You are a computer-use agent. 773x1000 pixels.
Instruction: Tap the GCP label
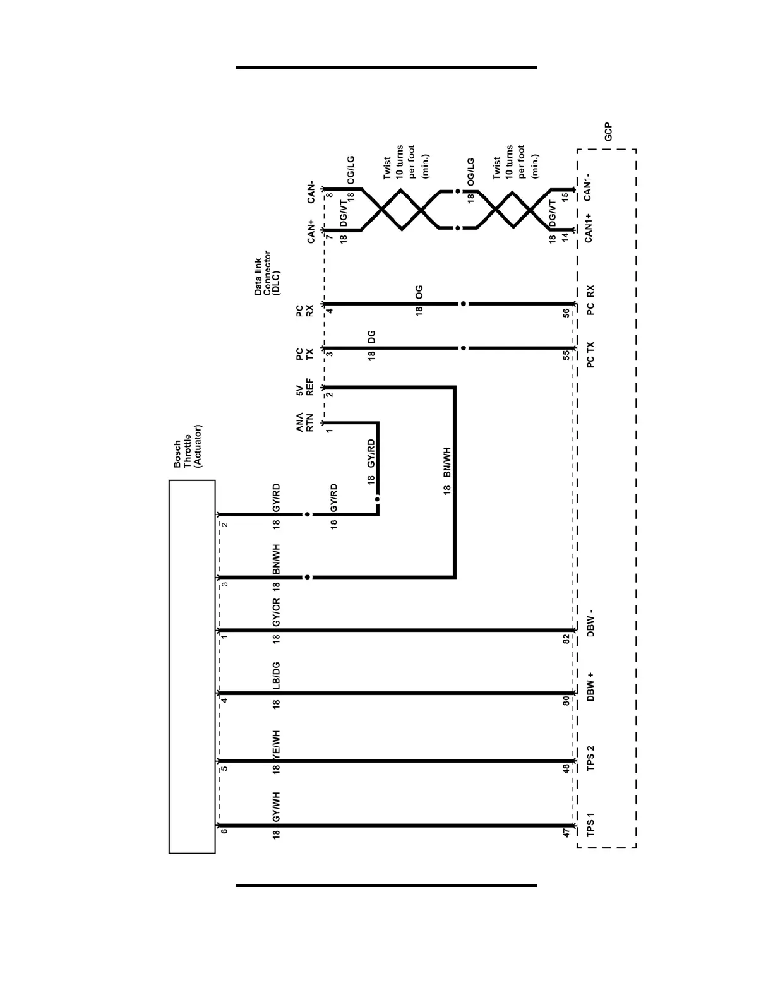608,131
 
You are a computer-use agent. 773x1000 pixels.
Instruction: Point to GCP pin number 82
566,638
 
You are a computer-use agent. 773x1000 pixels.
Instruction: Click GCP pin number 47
566,833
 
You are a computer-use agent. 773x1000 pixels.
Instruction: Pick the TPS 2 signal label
590,758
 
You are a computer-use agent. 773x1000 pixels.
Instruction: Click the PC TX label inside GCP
590,355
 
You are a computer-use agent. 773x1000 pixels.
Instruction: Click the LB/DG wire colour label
276,676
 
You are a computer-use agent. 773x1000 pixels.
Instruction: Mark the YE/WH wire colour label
276,745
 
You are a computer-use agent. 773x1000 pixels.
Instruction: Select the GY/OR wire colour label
276,612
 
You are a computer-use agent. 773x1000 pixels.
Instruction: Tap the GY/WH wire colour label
276,807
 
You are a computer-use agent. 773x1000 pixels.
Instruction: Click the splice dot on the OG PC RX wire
464,304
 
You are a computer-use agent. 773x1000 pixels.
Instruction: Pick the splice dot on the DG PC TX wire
464,348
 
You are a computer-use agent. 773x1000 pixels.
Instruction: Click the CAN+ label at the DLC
311,231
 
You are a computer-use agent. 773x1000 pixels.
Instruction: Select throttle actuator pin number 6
224,831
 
